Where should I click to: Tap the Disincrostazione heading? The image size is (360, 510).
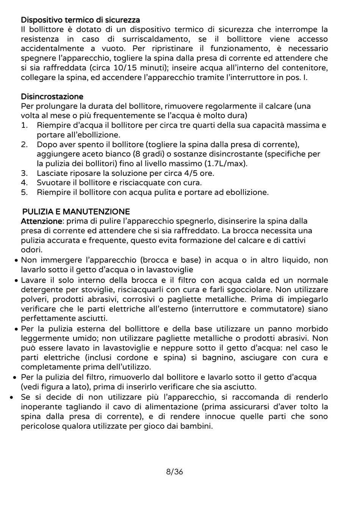(52, 96)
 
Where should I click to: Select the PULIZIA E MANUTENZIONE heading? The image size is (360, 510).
(76, 212)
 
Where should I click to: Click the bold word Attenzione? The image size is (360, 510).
(41, 221)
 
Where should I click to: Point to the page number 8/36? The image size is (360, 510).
(175, 472)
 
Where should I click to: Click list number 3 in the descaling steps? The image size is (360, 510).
(24, 173)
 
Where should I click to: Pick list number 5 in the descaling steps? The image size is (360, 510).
(24, 192)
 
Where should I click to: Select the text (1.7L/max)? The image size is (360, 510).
(226, 164)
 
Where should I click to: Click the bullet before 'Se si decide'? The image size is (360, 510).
(12, 397)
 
